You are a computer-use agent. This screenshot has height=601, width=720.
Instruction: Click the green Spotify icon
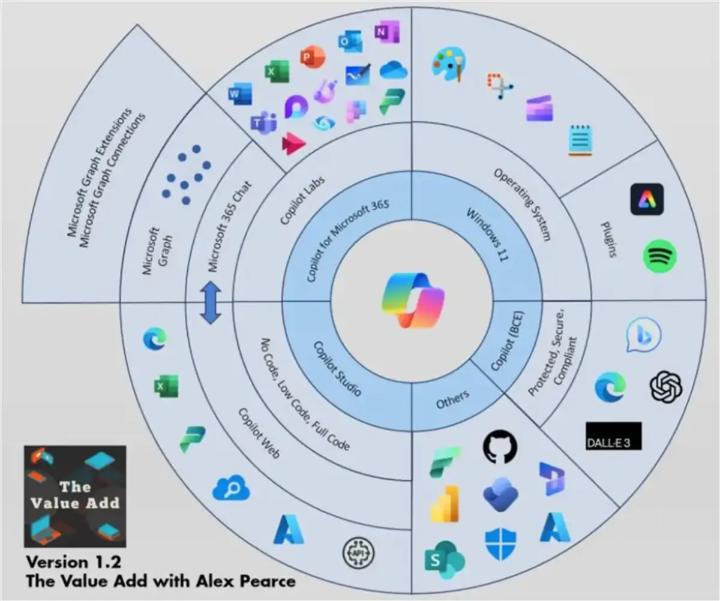[659, 257]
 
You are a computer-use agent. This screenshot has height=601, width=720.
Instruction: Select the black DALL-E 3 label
[613, 436]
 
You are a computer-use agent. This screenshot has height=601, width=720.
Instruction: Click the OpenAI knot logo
[666, 386]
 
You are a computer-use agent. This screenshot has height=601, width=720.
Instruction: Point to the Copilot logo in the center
[413, 300]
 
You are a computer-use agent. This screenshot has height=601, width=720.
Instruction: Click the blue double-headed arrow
[210, 303]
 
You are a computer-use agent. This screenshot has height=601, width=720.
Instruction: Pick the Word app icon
[240, 95]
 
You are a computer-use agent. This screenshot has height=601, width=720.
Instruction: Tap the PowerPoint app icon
[312, 58]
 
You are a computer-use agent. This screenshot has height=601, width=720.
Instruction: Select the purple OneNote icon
[383, 32]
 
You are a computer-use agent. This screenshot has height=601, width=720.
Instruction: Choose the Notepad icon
[580, 140]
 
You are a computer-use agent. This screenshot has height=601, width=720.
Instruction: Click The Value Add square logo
[75, 495]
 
